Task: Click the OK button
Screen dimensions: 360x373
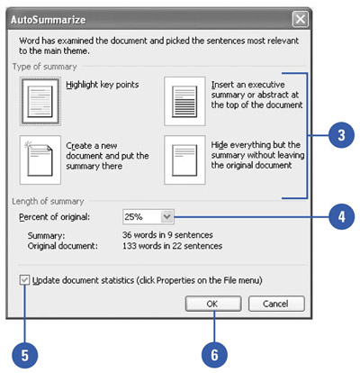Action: tap(213, 304)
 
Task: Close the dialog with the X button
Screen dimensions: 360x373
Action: tap(300, 20)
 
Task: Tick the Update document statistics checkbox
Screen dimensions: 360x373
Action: tap(24, 280)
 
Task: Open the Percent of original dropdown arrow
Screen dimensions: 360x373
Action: tap(167, 216)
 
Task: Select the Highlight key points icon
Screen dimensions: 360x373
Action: tap(40, 101)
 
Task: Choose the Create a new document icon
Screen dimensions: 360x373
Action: tap(40, 159)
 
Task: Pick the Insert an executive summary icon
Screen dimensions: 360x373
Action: tap(184, 101)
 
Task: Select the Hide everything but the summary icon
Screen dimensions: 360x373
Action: tap(184, 159)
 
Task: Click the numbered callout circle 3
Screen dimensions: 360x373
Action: tap(341, 135)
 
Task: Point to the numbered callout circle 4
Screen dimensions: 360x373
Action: tap(341, 216)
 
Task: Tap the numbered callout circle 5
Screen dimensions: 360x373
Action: tap(25, 355)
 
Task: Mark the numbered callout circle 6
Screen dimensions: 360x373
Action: tap(214, 355)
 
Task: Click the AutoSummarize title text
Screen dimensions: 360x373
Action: tap(49, 20)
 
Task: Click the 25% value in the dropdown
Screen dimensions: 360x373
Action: tap(133, 216)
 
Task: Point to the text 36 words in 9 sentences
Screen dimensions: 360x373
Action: tap(167, 234)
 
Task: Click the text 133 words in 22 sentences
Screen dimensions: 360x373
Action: tap(172, 246)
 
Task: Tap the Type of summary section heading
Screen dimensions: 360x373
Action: tap(45, 67)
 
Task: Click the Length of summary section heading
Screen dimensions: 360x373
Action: tap(48, 201)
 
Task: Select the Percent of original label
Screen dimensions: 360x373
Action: tap(54, 217)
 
